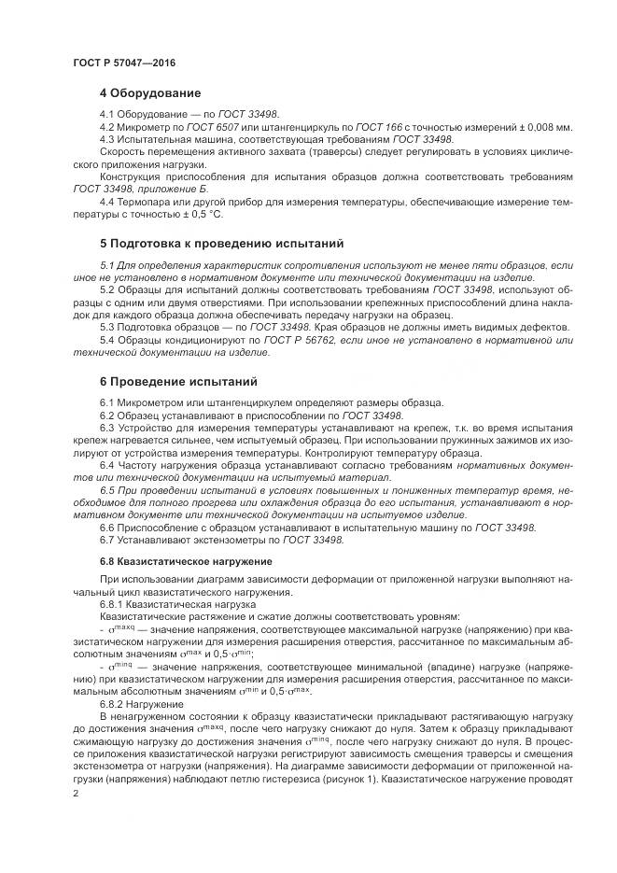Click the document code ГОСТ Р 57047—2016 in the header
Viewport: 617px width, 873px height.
pyautogui.click(x=124, y=62)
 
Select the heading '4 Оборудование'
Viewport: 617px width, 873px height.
pyautogui.click(x=149, y=93)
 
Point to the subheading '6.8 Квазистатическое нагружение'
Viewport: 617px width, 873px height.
pyautogui.click(x=186, y=561)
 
